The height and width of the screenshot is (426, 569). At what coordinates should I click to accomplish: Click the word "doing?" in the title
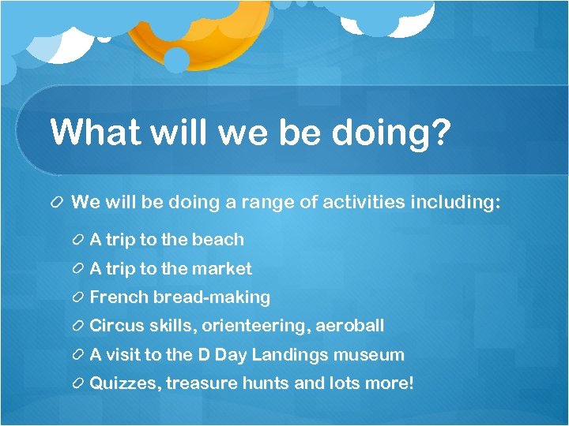tap(391, 132)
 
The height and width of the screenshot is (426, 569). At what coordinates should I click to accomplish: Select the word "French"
tap(119, 297)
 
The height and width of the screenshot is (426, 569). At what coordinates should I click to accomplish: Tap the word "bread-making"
tap(212, 297)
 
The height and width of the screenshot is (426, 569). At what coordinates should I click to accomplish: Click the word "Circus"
tap(117, 326)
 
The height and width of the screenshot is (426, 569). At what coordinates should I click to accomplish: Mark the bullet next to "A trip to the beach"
tap(78, 240)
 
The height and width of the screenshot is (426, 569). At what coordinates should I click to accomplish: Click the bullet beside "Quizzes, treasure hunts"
tap(78, 384)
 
